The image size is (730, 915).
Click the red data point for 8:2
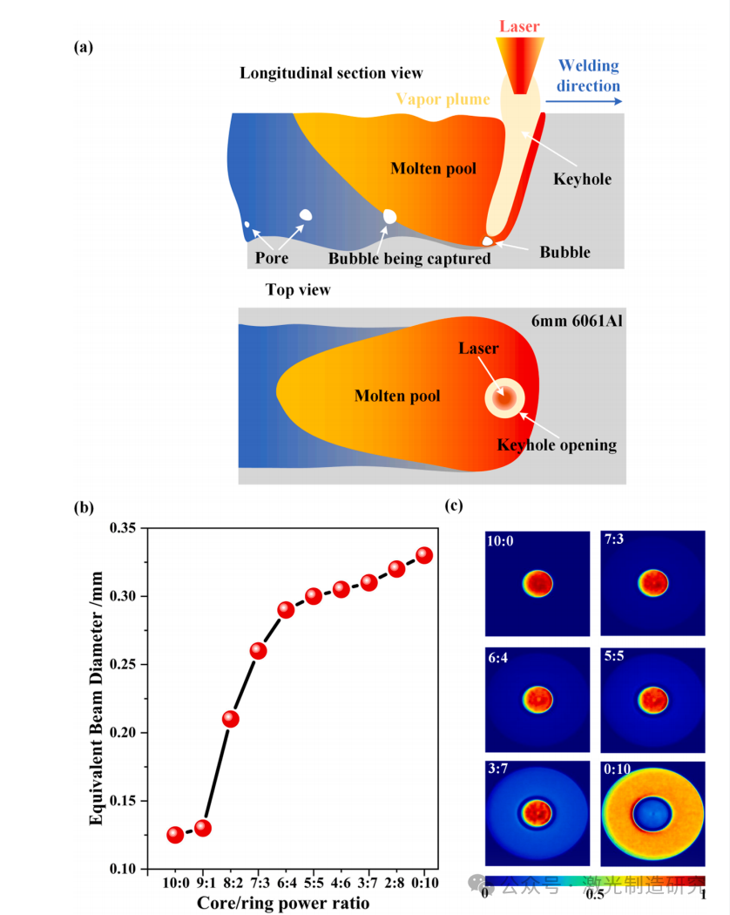click(230, 719)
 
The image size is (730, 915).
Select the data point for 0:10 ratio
click(424, 555)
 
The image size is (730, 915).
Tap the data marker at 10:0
click(175, 835)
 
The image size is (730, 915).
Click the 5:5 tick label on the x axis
click(313, 885)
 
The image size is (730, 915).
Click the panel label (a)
click(84, 47)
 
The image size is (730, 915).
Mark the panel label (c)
click(454, 505)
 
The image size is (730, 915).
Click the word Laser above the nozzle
click(520, 27)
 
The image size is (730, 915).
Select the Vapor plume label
click(443, 98)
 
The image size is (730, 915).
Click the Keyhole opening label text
click(557, 444)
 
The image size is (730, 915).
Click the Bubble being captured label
click(409, 258)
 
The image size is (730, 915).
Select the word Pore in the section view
click(272, 258)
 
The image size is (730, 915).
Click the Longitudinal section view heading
click(331, 73)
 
